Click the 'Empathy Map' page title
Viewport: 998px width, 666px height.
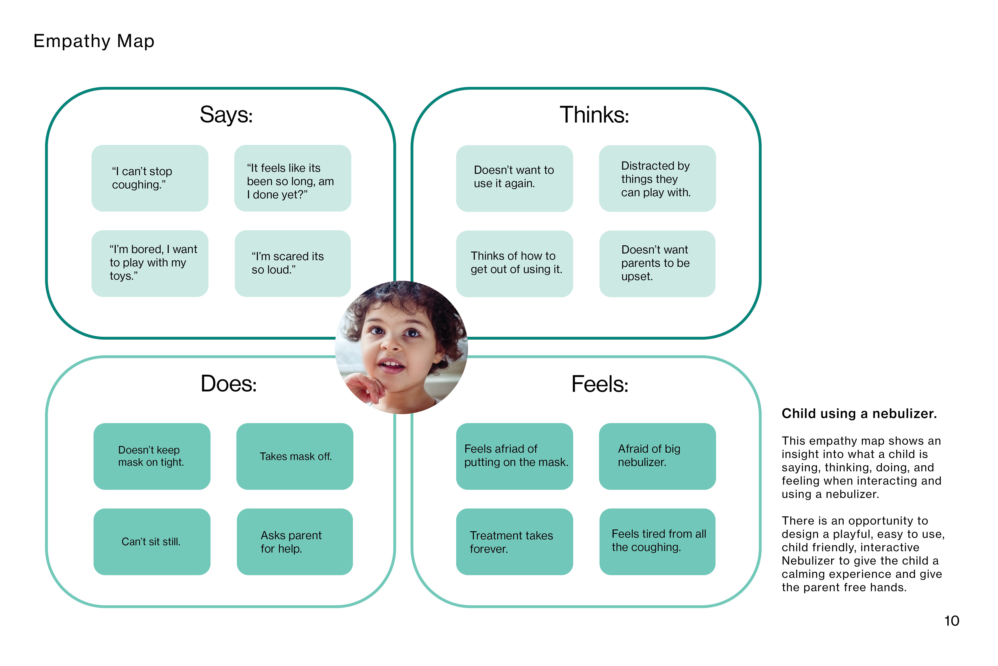click(94, 41)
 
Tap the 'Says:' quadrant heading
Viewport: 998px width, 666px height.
click(226, 115)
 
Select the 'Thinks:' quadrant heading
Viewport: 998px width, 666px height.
click(594, 115)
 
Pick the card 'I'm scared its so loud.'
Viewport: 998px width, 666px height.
click(292, 263)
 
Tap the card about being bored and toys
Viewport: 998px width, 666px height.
click(150, 263)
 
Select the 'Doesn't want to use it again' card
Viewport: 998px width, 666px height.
click(514, 178)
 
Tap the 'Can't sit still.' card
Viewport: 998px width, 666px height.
click(152, 542)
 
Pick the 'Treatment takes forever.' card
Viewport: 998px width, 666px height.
click(514, 542)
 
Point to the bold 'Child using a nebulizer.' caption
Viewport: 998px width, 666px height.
click(859, 413)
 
